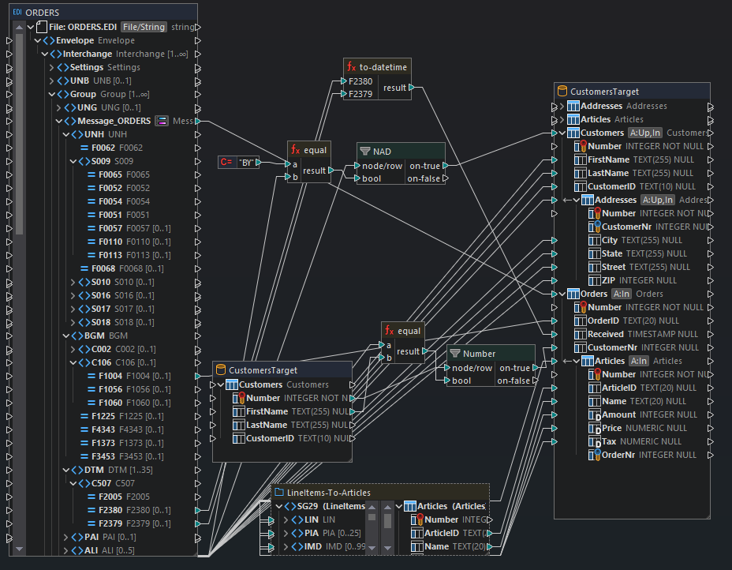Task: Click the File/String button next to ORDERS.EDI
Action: click(x=143, y=27)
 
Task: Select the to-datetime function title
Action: click(x=382, y=66)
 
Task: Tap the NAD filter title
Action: click(x=382, y=151)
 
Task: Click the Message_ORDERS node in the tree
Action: click(x=114, y=121)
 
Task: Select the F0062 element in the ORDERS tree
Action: click(x=97, y=148)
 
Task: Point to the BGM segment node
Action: click(x=95, y=336)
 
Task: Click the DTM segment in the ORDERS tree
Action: click(x=94, y=470)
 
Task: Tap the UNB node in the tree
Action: click(x=80, y=81)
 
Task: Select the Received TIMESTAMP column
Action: click(x=606, y=334)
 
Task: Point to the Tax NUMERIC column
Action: click(x=610, y=441)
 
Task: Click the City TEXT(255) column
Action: click(x=610, y=240)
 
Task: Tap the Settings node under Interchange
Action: click(x=87, y=67)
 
